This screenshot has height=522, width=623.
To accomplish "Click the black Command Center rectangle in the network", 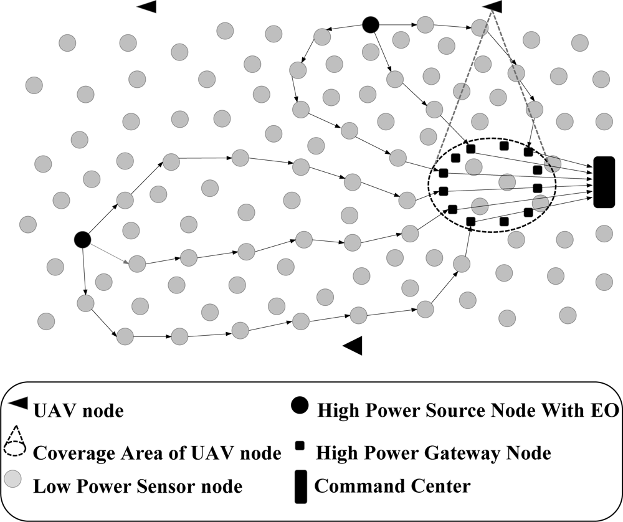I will (604, 182).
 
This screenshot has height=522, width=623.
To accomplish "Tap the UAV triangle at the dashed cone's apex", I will (493, 6).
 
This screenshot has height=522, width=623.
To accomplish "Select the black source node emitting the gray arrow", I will (82, 239).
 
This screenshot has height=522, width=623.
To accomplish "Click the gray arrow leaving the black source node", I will (110, 252).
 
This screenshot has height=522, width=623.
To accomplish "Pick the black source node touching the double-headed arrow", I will (371, 25).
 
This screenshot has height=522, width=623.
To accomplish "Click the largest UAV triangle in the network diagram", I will (353, 345).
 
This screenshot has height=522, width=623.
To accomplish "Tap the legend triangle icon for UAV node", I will (19, 403).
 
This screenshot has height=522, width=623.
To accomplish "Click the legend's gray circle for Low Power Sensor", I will (14, 480).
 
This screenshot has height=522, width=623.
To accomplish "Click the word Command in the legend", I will (351, 485).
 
